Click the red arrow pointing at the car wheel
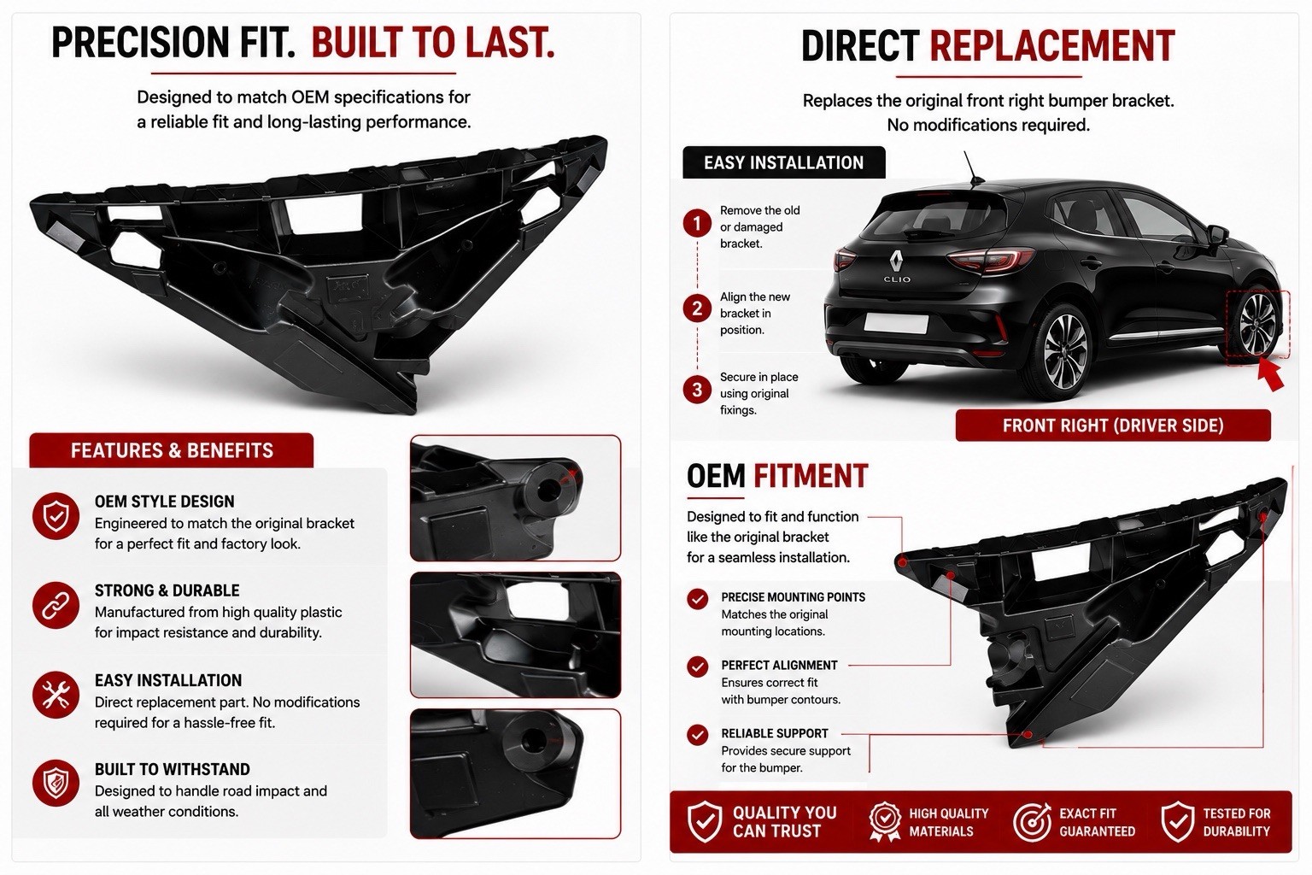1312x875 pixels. (x=1270, y=375)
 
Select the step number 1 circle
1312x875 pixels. (x=697, y=223)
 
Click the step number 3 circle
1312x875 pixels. (x=697, y=390)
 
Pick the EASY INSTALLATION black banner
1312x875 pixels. (x=783, y=162)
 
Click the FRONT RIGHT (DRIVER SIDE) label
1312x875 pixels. (x=1113, y=426)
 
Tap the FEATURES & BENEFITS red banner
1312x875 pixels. (x=172, y=450)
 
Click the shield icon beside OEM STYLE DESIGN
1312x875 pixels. (x=56, y=516)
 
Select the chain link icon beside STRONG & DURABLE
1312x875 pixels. (x=56, y=606)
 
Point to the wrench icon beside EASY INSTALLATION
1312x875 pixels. (x=56, y=695)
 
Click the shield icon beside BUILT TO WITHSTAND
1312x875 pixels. (x=56, y=783)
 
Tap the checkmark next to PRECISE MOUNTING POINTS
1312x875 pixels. (x=698, y=599)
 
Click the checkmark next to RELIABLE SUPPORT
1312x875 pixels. (x=698, y=734)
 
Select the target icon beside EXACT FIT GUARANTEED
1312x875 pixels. (x=1033, y=822)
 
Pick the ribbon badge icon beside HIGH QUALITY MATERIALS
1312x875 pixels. (x=885, y=822)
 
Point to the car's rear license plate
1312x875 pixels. (x=896, y=323)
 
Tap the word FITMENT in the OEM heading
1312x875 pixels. (x=811, y=476)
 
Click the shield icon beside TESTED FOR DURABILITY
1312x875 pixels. (x=1178, y=822)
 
